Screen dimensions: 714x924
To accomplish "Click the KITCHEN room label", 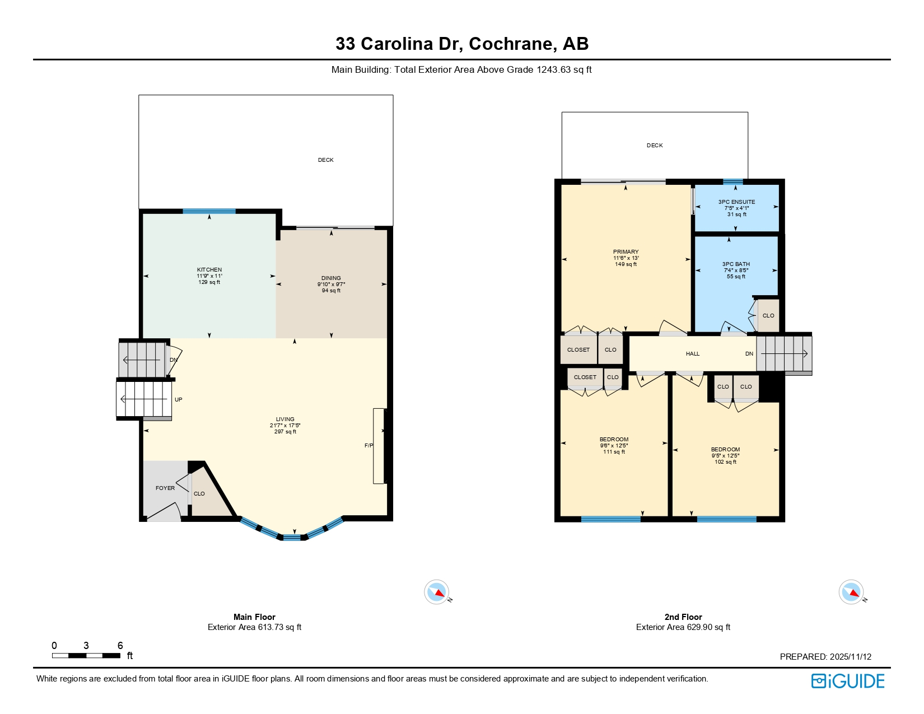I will [x=209, y=270].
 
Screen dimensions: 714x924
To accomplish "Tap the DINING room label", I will [x=331, y=278].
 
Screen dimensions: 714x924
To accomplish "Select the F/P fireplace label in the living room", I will [x=368, y=446].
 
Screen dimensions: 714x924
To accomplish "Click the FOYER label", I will [x=165, y=488].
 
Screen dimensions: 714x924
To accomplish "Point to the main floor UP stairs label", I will [x=178, y=400].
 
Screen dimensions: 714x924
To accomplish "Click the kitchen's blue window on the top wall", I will [x=209, y=211].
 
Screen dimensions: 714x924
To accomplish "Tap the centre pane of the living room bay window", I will [x=291, y=538].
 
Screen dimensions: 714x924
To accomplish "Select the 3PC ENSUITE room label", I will [x=736, y=202].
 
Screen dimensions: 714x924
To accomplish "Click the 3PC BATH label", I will [x=736, y=264].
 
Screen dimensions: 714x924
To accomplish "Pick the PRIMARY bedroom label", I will [x=626, y=252].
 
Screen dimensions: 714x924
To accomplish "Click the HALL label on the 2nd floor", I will [x=693, y=354].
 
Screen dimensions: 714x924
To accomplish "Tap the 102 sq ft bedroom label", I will [x=725, y=450].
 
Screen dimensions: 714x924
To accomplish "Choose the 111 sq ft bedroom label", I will [x=614, y=440].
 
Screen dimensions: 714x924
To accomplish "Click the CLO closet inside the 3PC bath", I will [x=768, y=316].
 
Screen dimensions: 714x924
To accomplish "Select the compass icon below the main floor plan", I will [x=436, y=592].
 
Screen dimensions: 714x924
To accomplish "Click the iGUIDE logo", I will [x=847, y=681].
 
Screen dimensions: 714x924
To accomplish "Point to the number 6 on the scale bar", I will [x=120, y=646].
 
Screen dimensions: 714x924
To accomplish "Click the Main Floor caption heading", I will [x=254, y=617].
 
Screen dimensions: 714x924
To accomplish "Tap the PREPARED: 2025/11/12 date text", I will [x=825, y=657].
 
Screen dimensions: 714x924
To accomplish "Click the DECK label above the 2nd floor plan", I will [x=655, y=146].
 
